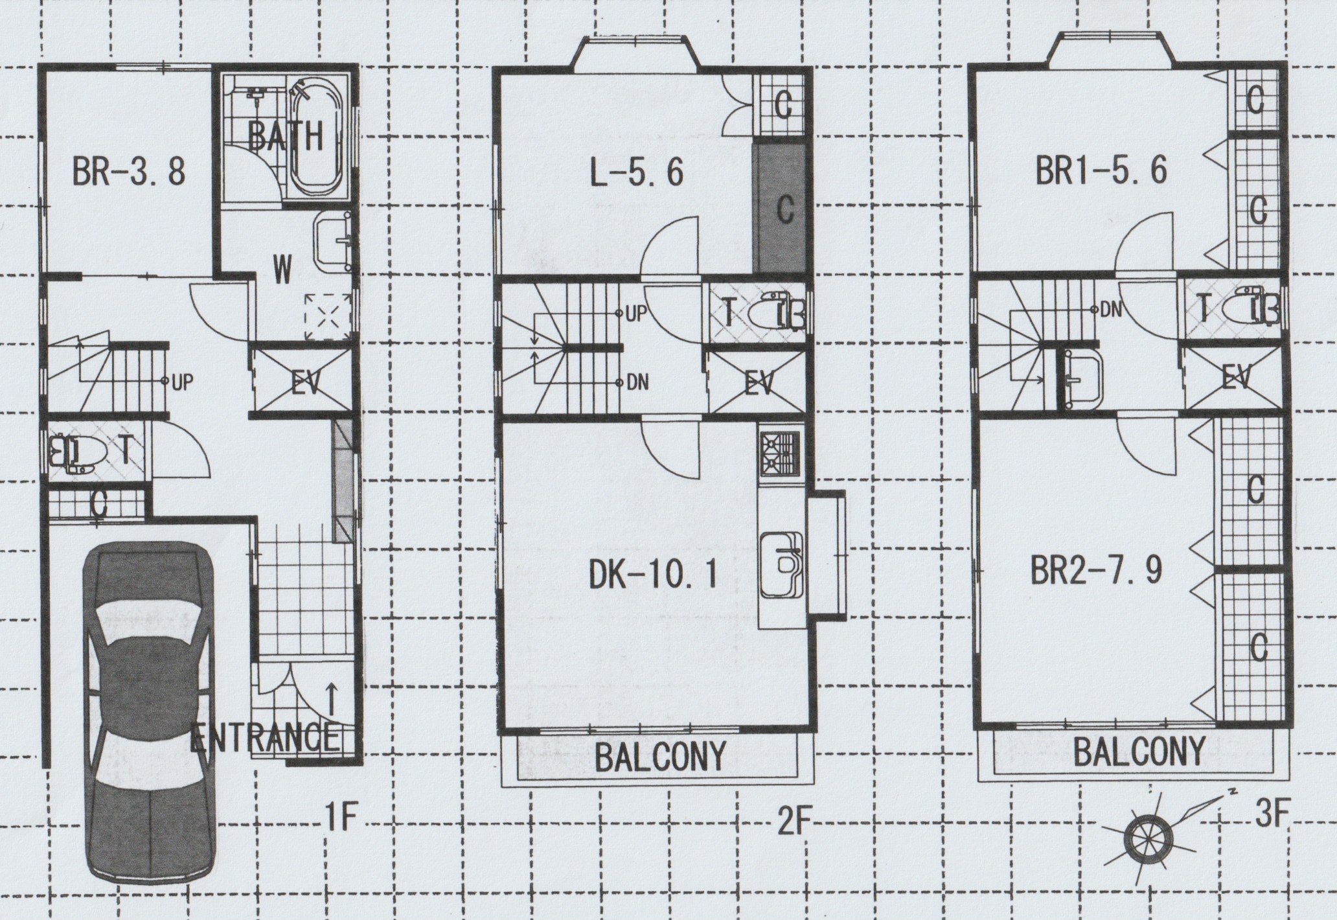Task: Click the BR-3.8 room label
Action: tap(130, 172)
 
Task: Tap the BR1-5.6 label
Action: tap(1101, 172)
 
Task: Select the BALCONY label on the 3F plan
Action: tap(1139, 752)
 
